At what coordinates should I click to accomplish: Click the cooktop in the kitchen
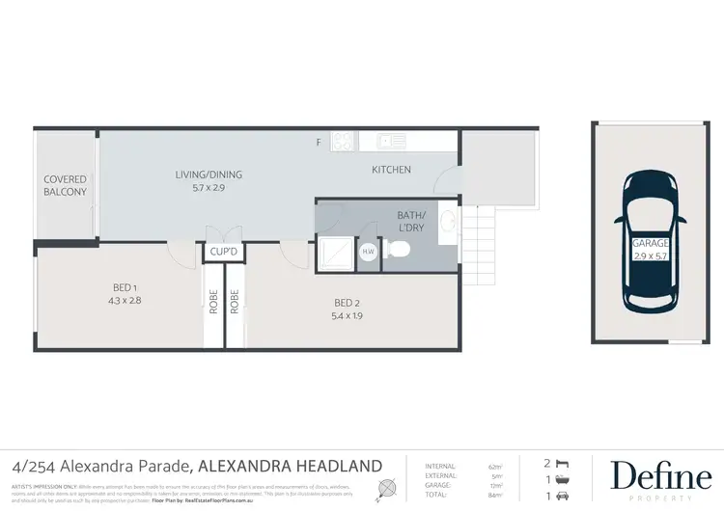pos(343,142)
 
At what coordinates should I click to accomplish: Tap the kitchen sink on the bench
pos(393,142)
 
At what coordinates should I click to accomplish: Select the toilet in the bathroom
pos(399,251)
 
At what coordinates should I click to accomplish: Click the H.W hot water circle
pos(368,253)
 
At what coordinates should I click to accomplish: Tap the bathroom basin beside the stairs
pos(448,223)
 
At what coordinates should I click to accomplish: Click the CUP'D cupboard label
pos(218,252)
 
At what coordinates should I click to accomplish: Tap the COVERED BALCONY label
pos(66,185)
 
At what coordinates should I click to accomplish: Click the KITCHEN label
pos(392,170)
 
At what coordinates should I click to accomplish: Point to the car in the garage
pos(651,240)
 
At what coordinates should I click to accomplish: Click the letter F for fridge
pos(319,143)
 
